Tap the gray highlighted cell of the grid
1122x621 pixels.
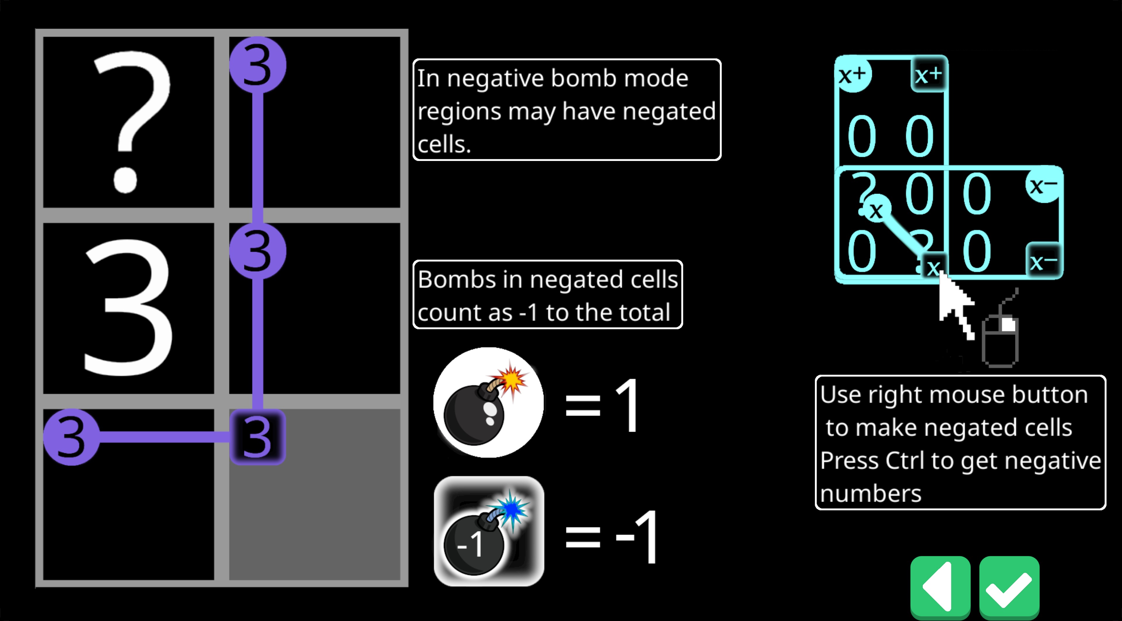[x=314, y=494]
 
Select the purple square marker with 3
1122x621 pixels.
[x=257, y=437]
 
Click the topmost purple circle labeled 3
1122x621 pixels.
[x=257, y=65]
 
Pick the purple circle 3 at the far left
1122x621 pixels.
[x=71, y=437]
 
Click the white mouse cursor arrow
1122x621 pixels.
[x=954, y=305]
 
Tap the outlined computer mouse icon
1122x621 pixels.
[x=1000, y=340]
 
